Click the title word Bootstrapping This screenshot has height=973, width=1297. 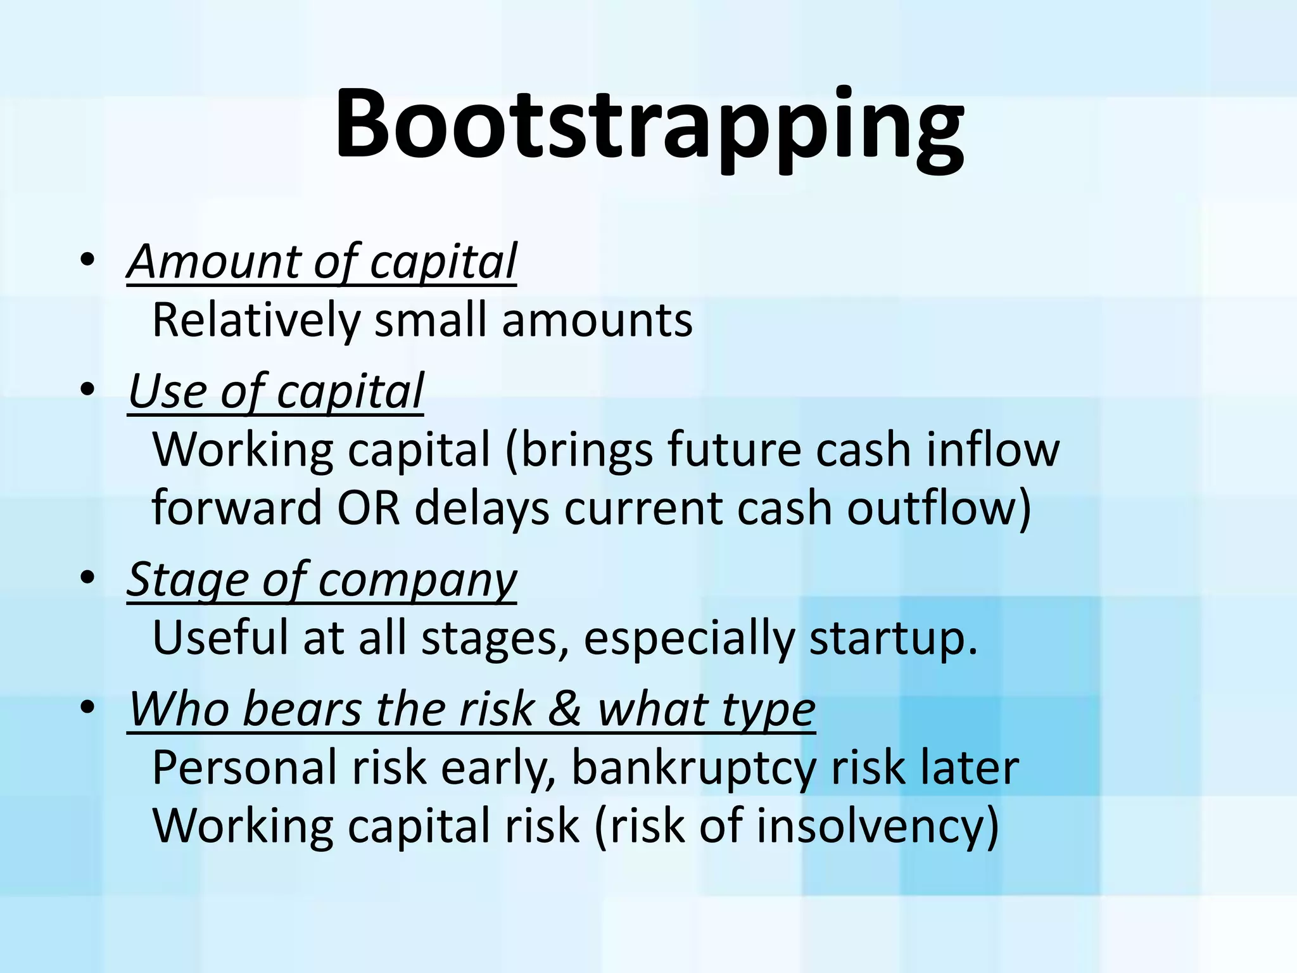[x=650, y=125]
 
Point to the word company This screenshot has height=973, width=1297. [x=417, y=582]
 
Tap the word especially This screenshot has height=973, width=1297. [x=688, y=639]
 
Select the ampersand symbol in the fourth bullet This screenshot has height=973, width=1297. [x=564, y=709]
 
